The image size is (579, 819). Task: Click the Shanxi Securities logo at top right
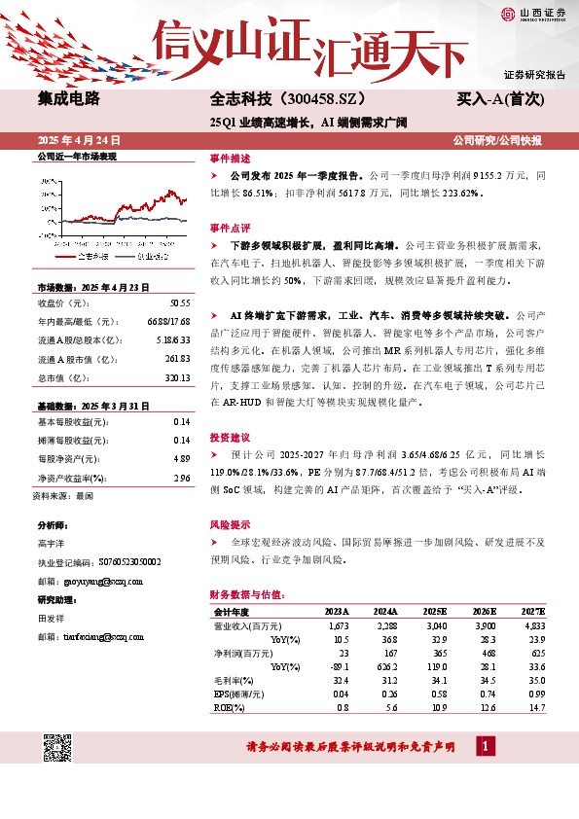(532, 14)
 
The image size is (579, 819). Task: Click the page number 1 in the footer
(485, 746)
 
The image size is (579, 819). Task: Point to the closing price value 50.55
(178, 303)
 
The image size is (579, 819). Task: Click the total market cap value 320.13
(176, 377)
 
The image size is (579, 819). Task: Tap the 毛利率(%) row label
(233, 681)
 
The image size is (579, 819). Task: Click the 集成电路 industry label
(69, 98)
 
